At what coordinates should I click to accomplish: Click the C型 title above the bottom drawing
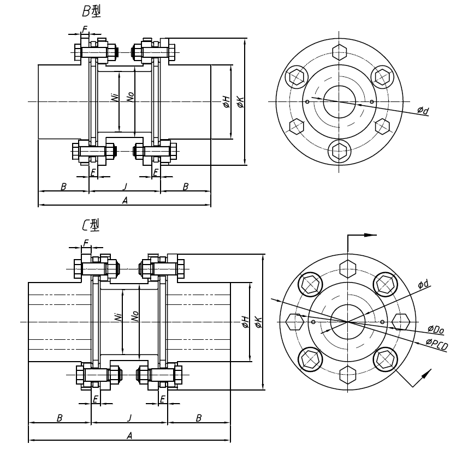tap(90, 224)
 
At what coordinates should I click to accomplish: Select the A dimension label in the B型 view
tap(125, 201)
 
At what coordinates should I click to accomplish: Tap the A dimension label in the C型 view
tap(130, 435)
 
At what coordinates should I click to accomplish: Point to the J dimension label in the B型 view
tap(125, 186)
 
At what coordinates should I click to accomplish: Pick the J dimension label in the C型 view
tap(129, 418)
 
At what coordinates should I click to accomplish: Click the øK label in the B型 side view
tap(240, 101)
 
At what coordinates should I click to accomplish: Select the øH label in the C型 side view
tap(246, 322)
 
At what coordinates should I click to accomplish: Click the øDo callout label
tap(436, 329)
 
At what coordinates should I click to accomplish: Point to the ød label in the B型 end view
tap(423, 111)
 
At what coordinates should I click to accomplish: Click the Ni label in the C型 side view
tap(119, 317)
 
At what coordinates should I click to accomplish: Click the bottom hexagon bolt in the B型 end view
tap(339, 148)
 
